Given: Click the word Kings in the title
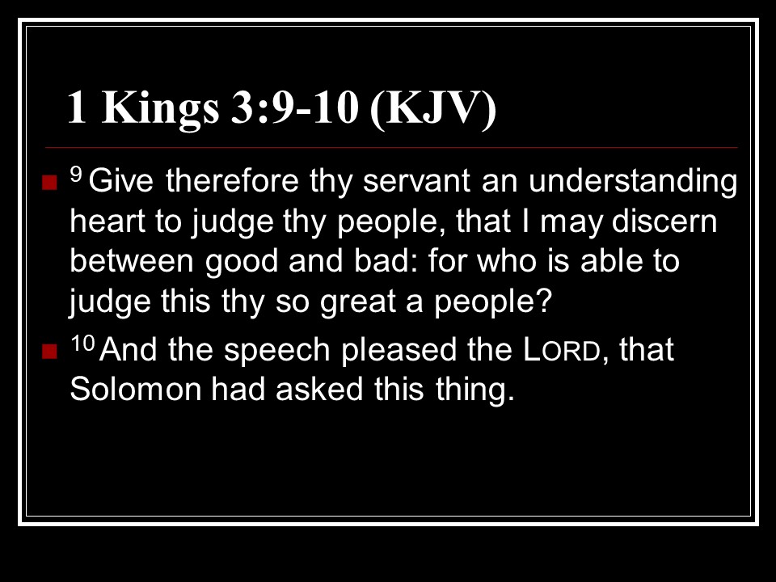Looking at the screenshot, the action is point(160,109).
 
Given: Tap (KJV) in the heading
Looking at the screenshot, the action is point(433,109).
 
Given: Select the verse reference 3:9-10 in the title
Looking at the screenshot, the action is point(294,108).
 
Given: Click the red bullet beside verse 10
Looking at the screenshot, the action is point(50,352).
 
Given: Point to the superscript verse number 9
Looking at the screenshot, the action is point(76,174).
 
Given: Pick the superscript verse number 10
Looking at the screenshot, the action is point(82,343).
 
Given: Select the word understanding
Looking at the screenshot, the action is point(633,181).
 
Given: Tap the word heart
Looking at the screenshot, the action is point(108,221).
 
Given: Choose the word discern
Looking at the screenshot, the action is point(664,221).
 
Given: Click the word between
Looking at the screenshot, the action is point(132,261).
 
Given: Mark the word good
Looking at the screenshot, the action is point(242,263).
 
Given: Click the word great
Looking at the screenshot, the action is point(358,302).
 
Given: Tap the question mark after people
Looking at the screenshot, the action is point(544,301).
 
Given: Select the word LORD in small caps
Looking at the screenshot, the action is point(561,350).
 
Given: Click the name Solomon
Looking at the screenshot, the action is point(136,390).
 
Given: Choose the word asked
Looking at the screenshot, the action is point(319,390).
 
